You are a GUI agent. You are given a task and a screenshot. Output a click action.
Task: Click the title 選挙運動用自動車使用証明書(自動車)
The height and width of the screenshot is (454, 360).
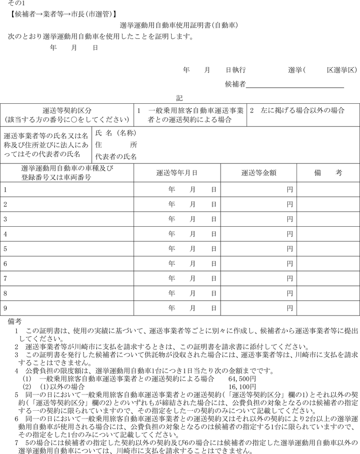(x=179, y=25)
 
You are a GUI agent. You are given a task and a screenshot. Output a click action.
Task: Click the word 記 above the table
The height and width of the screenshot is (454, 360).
(x=179, y=98)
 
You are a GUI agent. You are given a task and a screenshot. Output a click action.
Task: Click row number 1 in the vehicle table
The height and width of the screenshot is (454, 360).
(x=6, y=190)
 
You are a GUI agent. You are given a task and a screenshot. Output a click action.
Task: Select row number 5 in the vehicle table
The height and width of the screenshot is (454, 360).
(x=6, y=249)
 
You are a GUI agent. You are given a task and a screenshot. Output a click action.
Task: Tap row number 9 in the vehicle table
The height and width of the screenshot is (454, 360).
(x=6, y=308)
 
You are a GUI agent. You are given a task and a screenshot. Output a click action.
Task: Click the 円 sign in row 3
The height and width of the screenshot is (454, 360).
(x=290, y=220)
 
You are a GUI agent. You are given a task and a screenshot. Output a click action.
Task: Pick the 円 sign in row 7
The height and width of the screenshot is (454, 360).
(x=290, y=279)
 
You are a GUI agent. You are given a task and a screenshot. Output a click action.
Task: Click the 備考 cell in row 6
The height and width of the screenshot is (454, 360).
(x=328, y=264)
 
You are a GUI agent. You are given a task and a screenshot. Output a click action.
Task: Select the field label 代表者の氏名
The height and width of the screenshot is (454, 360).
(x=116, y=157)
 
